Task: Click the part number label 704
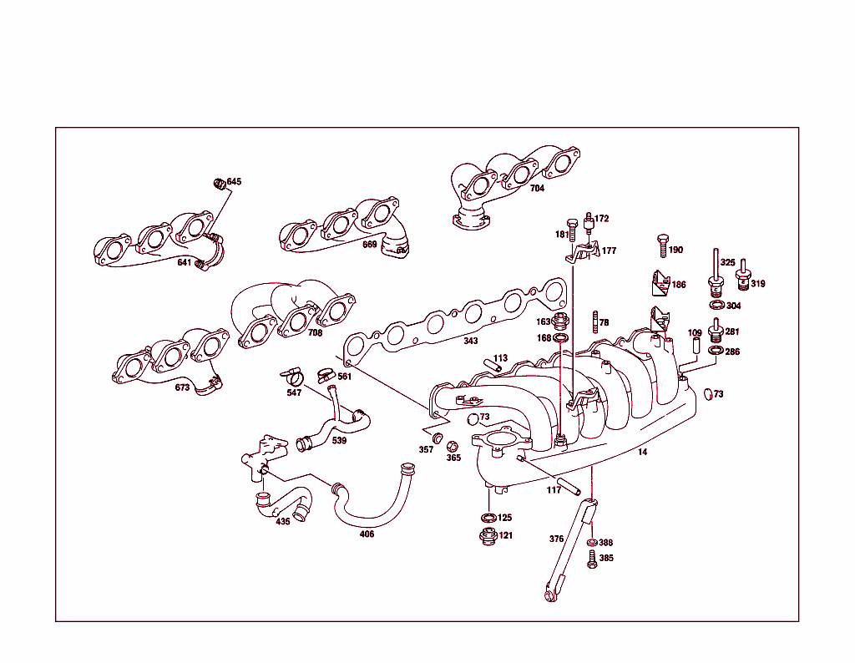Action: [537, 189]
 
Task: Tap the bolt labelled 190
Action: [662, 246]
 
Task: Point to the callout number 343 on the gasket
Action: [472, 341]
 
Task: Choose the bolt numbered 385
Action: [592, 559]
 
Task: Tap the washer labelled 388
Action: [592, 543]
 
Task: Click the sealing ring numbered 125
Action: [488, 518]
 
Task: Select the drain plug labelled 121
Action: [488, 536]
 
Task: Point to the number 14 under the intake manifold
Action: [642, 452]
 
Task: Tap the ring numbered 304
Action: [716, 306]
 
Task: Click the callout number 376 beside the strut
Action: [557, 539]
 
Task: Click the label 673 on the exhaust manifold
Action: [183, 387]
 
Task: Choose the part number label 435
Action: [283, 522]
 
